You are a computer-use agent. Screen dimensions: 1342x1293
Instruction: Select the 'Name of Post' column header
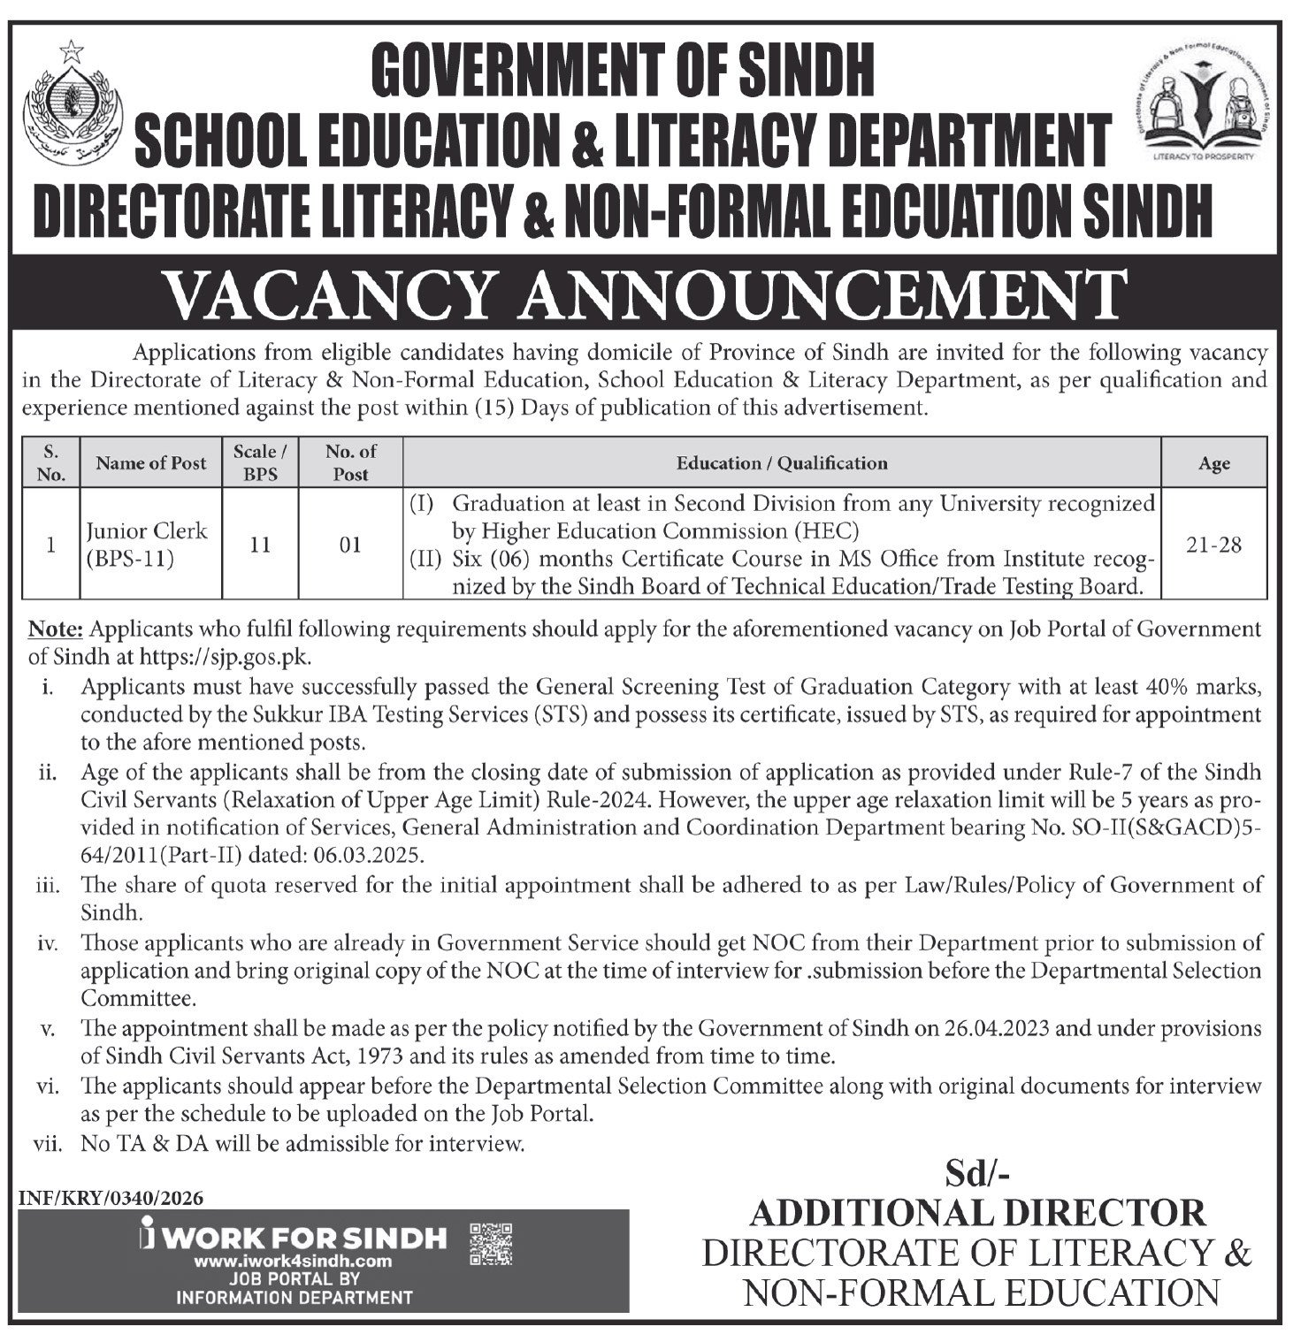(151, 462)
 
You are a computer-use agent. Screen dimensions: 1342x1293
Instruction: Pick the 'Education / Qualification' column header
(781, 462)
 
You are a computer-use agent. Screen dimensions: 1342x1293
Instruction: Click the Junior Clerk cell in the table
(146, 544)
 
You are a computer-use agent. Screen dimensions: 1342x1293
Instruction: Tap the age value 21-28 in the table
(1213, 545)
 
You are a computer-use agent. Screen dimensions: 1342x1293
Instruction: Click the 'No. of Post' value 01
(350, 545)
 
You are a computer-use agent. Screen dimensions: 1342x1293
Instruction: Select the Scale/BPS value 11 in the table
(260, 545)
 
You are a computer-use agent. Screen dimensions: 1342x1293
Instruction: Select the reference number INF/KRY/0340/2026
(111, 1198)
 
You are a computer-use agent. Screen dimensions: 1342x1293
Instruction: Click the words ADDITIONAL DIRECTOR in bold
(977, 1213)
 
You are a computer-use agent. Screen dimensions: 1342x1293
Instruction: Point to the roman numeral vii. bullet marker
(47, 1144)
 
